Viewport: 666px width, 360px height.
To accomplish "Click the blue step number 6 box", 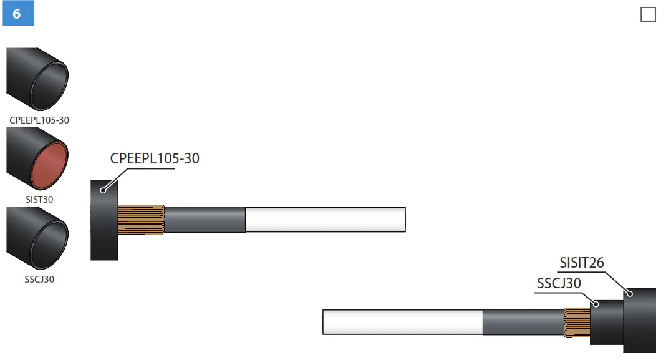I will [17, 14].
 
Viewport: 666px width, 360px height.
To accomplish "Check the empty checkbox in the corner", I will [648, 14].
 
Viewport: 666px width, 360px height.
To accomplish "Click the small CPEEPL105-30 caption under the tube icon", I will [39, 120].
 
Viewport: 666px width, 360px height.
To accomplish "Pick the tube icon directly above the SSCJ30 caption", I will [37, 239].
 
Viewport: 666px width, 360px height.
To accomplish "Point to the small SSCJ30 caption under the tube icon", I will [39, 280].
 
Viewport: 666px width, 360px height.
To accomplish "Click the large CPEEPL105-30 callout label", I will [155, 158].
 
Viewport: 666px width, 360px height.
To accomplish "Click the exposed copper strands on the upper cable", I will [141, 220].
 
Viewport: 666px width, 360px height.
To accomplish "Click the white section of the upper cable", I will [325, 220].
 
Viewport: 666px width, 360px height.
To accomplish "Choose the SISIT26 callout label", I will [581, 263].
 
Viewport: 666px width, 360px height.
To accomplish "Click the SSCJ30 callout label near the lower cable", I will [559, 283].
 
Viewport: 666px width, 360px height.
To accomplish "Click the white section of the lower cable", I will [402, 322].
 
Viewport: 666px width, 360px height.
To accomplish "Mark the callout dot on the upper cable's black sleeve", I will [103, 189].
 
